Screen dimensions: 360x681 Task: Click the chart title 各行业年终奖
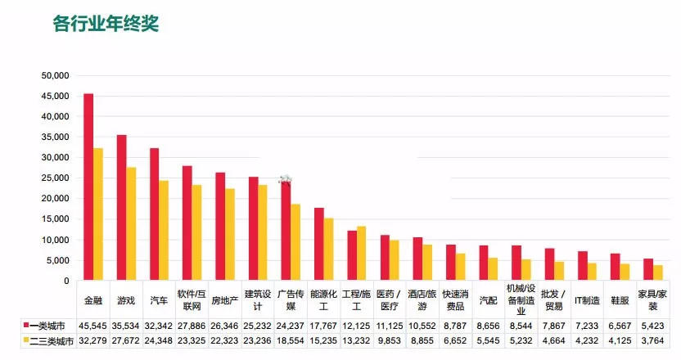(x=106, y=24)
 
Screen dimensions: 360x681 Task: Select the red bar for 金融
(x=88, y=187)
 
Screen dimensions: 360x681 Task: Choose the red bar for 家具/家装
(x=648, y=270)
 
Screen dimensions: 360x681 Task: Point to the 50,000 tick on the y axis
(x=56, y=75)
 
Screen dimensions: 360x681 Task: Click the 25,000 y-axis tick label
(x=56, y=178)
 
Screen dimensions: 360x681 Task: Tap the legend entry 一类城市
(x=47, y=324)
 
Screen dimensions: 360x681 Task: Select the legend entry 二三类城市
(x=47, y=340)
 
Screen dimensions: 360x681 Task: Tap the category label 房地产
(x=224, y=300)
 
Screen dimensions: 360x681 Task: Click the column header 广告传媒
(x=291, y=300)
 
